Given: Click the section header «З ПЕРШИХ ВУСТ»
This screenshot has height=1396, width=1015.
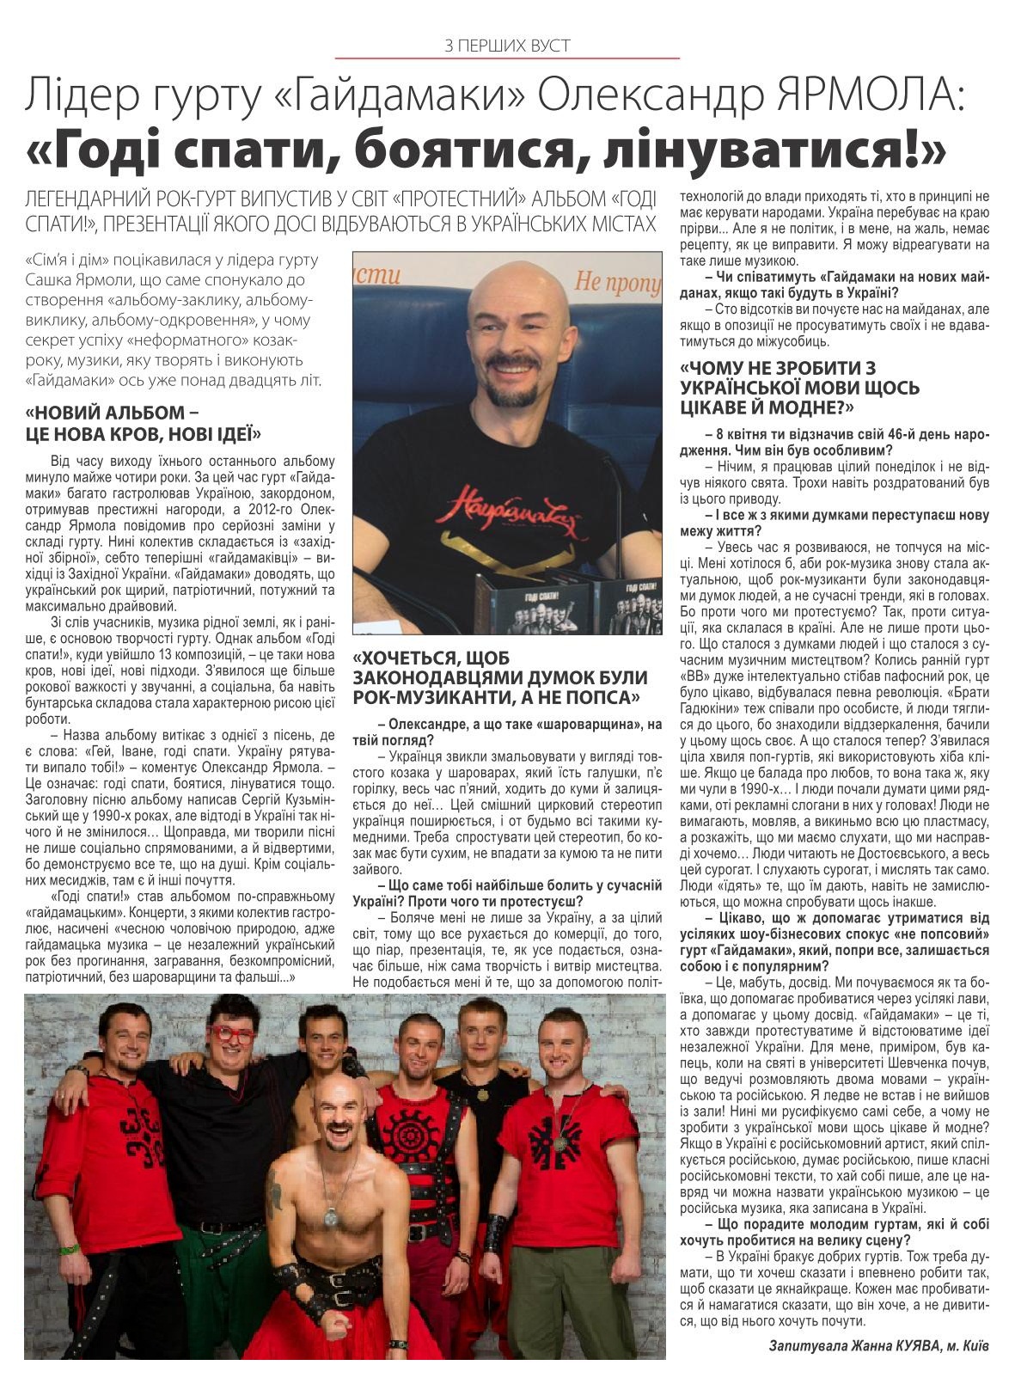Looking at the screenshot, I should (507, 44).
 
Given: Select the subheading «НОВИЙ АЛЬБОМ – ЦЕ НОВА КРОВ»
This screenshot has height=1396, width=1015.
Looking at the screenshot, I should (144, 421).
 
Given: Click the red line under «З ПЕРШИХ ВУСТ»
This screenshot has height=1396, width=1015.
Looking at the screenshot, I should (507, 58).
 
